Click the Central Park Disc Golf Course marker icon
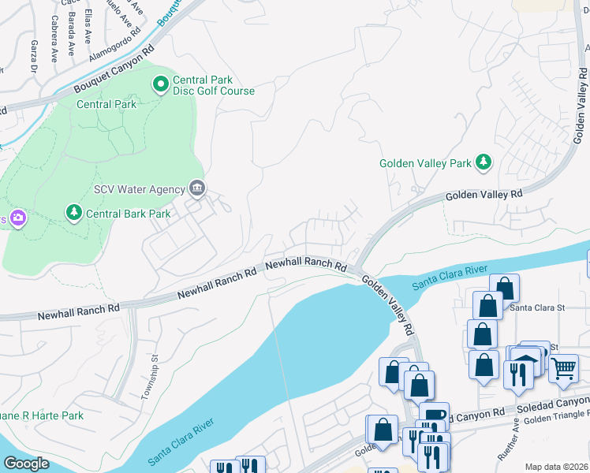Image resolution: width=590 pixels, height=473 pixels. [x=161, y=83]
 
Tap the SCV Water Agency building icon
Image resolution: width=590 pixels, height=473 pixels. [x=197, y=188]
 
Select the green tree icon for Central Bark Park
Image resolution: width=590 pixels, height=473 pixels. [x=74, y=213]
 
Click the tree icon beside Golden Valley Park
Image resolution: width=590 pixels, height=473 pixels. [x=484, y=163]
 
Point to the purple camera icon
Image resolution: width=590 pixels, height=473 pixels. [x=17, y=218]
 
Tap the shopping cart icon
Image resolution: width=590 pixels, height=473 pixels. [x=563, y=367]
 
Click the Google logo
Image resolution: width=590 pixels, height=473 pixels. [x=27, y=464]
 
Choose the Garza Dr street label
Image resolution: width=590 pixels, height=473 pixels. [x=34, y=52]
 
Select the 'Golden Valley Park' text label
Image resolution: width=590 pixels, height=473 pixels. [x=425, y=164]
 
